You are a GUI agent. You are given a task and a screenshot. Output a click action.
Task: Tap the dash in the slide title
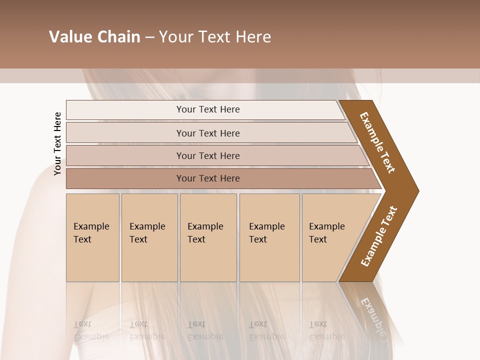tap(149, 37)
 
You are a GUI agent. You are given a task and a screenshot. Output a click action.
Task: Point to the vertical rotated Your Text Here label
tap(57, 143)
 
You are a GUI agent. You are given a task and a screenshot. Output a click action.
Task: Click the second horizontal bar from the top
tap(207, 133)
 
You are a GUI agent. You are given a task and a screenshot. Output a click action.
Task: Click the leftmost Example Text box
tap(92, 237)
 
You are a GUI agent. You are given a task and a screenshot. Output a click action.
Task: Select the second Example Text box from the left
tap(149, 237)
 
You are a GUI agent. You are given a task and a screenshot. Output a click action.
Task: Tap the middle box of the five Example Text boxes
tap(208, 237)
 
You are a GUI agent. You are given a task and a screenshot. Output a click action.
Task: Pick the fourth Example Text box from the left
tap(269, 237)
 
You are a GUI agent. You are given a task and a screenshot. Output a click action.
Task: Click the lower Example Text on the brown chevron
tap(379, 236)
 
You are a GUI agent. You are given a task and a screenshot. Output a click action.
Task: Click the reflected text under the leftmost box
tap(91, 330)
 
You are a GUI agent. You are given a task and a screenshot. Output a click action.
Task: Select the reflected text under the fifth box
tap(326, 330)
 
